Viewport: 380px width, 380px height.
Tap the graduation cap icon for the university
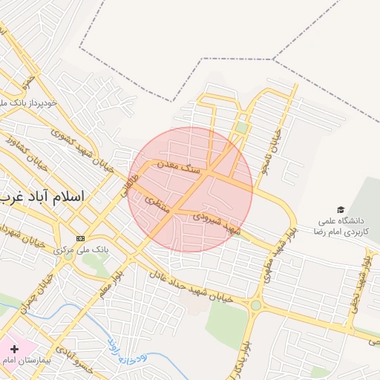point(341,210)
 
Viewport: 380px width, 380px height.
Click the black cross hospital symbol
point(14,348)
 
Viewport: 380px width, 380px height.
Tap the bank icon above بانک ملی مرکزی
point(80,238)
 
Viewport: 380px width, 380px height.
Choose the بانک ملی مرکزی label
point(82,250)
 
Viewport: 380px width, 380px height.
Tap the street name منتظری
point(157,204)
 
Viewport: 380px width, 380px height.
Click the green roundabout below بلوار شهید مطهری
point(256,304)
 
